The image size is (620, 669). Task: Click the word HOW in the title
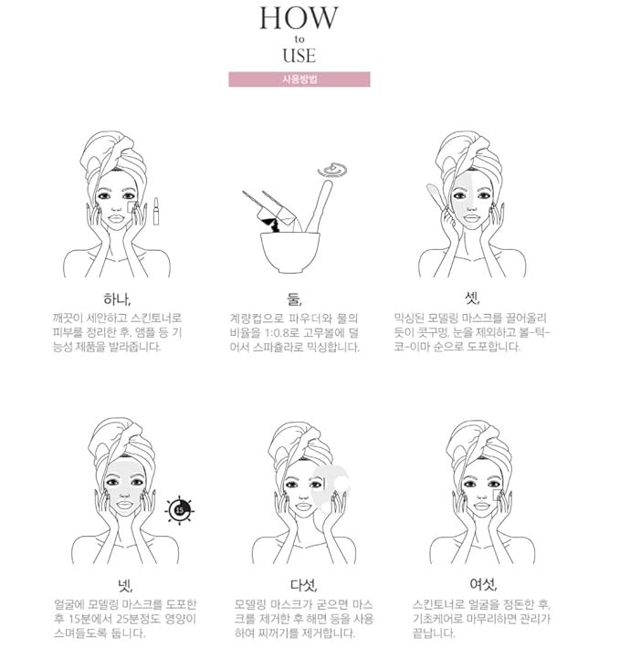click(x=299, y=18)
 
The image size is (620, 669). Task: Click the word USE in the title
click(x=299, y=56)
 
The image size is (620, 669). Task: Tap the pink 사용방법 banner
click(x=299, y=79)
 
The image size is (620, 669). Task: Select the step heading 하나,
click(x=117, y=299)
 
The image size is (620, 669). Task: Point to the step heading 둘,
click(x=295, y=299)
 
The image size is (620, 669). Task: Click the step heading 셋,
click(x=472, y=298)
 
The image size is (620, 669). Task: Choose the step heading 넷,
click(x=125, y=585)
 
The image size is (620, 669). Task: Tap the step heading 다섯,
click(x=303, y=585)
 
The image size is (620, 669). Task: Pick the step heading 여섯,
click(x=483, y=584)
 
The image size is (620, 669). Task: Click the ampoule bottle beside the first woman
click(x=156, y=211)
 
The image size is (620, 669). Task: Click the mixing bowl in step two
click(x=290, y=252)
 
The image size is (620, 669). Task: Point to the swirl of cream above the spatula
click(x=332, y=170)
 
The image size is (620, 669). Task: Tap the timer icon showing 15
click(x=179, y=510)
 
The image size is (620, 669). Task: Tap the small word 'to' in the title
click(x=299, y=39)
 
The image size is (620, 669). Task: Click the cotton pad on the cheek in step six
click(x=497, y=496)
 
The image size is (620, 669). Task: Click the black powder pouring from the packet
click(x=271, y=225)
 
